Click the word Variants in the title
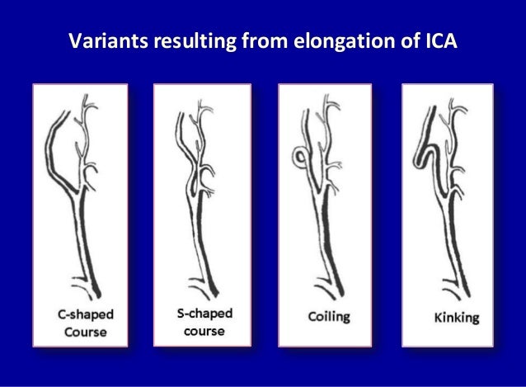pyautogui.click(x=103, y=40)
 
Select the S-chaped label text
pyautogui.click(x=204, y=314)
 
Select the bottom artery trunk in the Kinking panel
pyautogui.click(x=453, y=256)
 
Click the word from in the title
pyautogui.click(x=257, y=40)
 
